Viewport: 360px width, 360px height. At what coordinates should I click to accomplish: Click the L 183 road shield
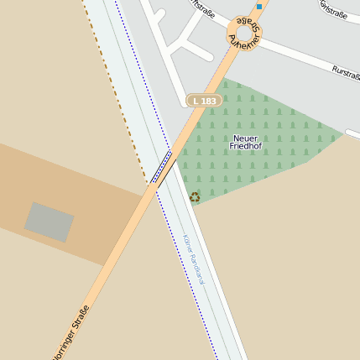coord(204,101)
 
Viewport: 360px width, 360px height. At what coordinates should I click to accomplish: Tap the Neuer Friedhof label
coord(245,142)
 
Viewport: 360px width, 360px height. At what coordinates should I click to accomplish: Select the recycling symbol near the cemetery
coord(195,197)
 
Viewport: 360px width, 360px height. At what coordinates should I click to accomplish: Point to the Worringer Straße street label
coord(70,333)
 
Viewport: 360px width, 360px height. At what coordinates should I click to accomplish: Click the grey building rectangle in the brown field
coord(49,222)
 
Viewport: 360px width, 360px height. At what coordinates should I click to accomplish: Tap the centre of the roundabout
coord(244,34)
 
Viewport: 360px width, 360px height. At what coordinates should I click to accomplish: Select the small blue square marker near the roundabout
coord(259,7)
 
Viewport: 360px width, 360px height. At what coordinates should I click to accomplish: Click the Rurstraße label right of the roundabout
coord(346,73)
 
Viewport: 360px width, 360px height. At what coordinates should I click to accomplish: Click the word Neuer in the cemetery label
coord(245,138)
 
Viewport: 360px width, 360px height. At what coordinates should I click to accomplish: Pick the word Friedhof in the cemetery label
coord(245,147)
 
